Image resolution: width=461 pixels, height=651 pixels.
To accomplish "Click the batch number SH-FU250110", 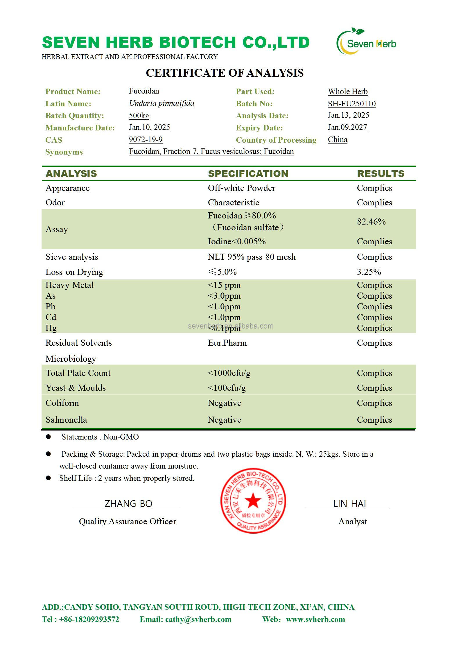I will click(x=351, y=104).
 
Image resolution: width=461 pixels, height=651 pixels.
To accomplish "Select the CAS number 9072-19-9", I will click(x=146, y=139).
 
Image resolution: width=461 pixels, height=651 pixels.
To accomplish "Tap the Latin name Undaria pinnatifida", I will click(x=162, y=103).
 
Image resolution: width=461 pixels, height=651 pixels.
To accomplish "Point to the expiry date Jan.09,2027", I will click(x=347, y=127).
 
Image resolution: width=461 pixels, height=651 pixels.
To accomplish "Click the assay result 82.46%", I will click(x=371, y=222).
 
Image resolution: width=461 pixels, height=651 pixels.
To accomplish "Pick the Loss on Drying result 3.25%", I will click(x=369, y=272).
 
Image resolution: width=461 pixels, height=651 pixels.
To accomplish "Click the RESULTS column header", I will click(x=381, y=173).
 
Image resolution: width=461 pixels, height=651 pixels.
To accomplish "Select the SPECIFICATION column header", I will click(x=248, y=173).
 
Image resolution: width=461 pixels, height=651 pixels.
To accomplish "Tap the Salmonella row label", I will click(x=66, y=420).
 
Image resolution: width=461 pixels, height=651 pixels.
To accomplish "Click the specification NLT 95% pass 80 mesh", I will click(x=252, y=257).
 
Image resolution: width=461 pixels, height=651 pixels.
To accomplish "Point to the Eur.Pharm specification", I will click(x=227, y=343).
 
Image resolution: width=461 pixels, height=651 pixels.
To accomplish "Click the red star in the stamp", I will click(x=253, y=500).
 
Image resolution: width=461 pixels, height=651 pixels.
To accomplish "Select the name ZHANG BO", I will click(x=128, y=503).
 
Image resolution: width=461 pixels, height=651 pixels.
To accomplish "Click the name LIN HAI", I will click(x=349, y=503).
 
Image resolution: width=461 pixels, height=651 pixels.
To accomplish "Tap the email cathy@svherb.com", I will click(x=198, y=619).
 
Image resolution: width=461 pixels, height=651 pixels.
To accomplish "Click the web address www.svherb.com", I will click(x=315, y=619).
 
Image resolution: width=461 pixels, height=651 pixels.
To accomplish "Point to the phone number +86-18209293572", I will click(x=89, y=619).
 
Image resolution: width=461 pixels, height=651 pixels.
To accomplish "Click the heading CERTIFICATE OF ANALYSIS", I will click(x=225, y=73).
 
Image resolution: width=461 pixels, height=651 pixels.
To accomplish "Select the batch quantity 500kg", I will click(x=139, y=116).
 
